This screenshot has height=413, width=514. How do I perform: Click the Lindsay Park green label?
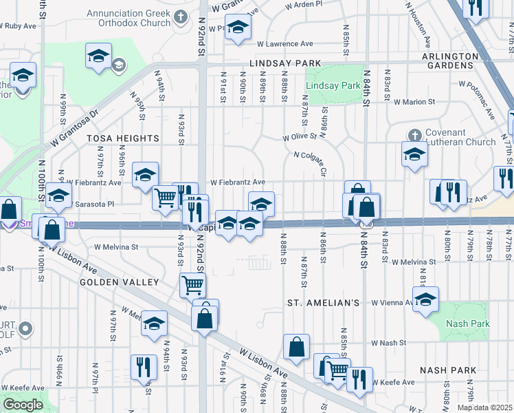pyautogui.click(x=333, y=86)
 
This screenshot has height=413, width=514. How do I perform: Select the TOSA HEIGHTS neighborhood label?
pyautogui.click(x=123, y=138)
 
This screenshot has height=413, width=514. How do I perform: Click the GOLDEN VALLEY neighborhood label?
pyautogui.click(x=119, y=282)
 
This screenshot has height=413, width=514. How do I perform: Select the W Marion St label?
pyautogui.click(x=414, y=103)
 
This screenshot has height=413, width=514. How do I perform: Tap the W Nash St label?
pyautogui.click(x=389, y=342)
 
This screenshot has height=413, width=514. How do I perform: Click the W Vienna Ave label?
pyautogui.click(x=392, y=302)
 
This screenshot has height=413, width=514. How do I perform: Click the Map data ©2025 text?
pyautogui.click(x=485, y=407)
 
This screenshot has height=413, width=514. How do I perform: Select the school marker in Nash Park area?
pyautogui.click(x=426, y=300)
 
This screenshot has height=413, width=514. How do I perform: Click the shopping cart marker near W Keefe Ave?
pyautogui.click(x=336, y=370)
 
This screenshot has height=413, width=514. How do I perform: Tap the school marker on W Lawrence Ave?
pyautogui.click(x=238, y=28)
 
